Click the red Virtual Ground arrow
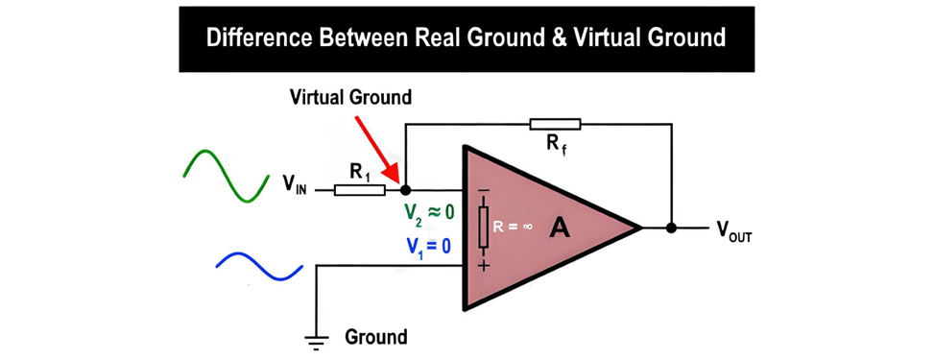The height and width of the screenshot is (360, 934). (x=376, y=149)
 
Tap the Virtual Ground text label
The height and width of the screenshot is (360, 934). (x=350, y=97)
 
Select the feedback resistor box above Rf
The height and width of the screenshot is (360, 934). (x=555, y=124)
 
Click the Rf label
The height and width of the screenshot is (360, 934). (x=555, y=145)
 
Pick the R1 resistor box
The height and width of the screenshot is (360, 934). (x=359, y=190)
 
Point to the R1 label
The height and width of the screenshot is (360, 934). (x=359, y=172)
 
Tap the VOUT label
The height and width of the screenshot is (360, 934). (x=735, y=230)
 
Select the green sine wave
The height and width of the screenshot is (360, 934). (x=226, y=176)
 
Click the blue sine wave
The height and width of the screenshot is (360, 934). (x=259, y=266)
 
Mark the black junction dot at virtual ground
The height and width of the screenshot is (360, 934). (x=405, y=190)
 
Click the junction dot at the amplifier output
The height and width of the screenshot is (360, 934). (x=671, y=228)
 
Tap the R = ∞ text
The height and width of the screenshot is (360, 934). (x=514, y=228)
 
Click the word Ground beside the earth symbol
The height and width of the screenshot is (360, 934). (x=376, y=337)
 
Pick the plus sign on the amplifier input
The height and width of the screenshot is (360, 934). (x=483, y=265)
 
